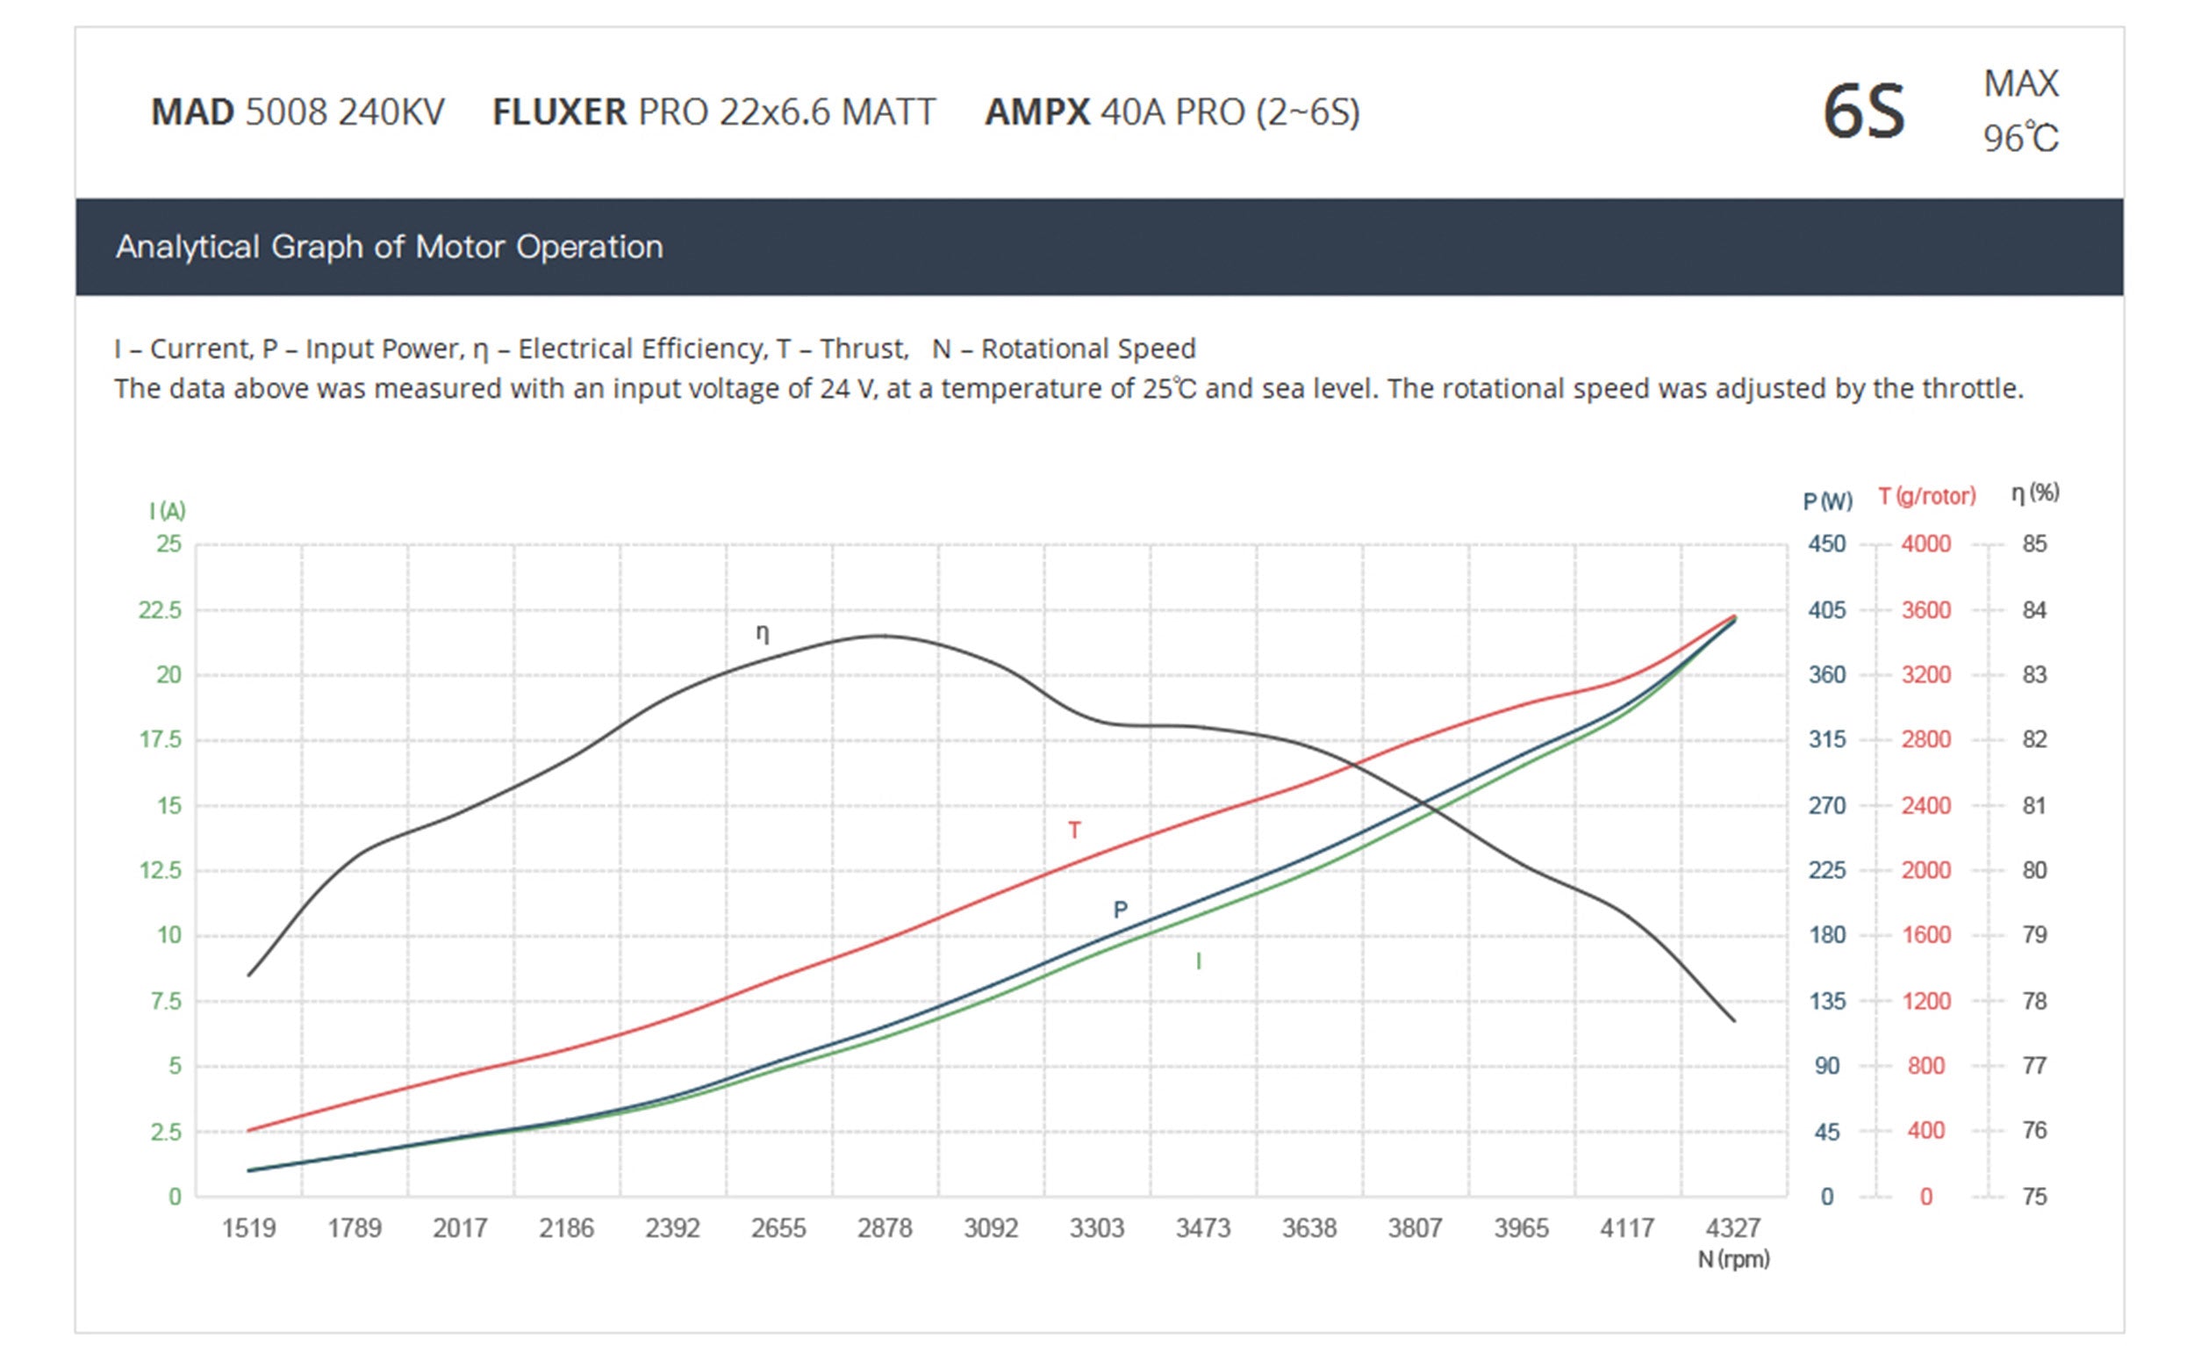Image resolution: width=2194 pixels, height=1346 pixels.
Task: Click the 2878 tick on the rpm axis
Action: tap(885, 1228)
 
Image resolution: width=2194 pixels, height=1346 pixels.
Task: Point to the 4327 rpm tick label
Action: tap(1732, 1228)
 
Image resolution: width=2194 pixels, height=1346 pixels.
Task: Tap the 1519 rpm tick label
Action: tap(248, 1228)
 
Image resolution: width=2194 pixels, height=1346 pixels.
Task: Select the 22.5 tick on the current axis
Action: tap(160, 610)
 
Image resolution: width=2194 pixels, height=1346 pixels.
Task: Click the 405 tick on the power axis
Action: tap(1826, 610)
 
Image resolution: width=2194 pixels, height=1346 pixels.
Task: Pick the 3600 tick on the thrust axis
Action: tap(1926, 610)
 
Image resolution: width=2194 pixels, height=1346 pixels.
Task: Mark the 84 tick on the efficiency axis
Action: tap(2033, 610)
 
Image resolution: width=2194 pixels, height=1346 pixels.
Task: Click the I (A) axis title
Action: tap(168, 510)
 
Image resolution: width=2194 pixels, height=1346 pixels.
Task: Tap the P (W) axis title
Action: tap(1827, 500)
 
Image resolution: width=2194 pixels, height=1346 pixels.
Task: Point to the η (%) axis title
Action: tap(2034, 493)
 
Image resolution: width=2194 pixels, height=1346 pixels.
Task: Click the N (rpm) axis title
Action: tap(1732, 1260)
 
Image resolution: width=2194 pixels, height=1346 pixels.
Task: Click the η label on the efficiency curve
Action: tap(763, 632)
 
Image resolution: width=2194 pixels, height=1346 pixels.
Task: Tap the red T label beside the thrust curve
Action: tap(1074, 831)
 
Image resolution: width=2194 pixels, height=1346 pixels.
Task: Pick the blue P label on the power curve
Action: tap(1120, 910)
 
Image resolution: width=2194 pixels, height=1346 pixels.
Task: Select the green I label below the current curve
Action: tap(1198, 961)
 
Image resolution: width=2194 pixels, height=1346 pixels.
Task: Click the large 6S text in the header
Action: tap(1863, 112)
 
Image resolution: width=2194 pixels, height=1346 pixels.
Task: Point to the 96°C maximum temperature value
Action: tap(2019, 138)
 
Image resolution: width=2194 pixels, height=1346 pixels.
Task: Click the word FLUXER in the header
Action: tap(559, 112)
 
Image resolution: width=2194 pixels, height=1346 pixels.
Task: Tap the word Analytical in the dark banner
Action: tap(187, 247)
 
